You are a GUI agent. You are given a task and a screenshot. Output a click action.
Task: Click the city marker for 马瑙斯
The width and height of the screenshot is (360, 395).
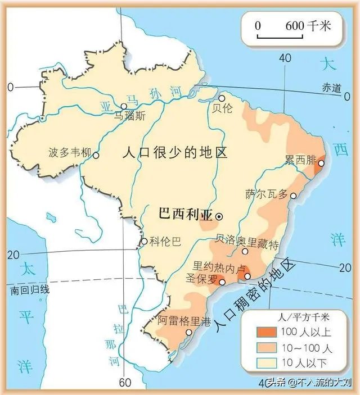tap(124, 106)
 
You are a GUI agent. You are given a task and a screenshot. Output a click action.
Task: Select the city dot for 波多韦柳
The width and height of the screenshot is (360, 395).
tap(96, 155)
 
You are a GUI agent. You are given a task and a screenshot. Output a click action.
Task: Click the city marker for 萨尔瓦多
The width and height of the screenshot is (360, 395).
tap(292, 195)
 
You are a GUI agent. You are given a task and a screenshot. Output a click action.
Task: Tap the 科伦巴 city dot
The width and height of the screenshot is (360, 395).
tap(144, 242)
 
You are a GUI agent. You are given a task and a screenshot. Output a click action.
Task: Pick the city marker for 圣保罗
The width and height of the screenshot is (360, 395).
tap(223, 282)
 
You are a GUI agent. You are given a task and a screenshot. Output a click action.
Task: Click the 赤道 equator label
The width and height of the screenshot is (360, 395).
tap(331, 88)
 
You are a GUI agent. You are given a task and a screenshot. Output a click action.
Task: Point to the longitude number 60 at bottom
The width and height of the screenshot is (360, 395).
tap(125, 383)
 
